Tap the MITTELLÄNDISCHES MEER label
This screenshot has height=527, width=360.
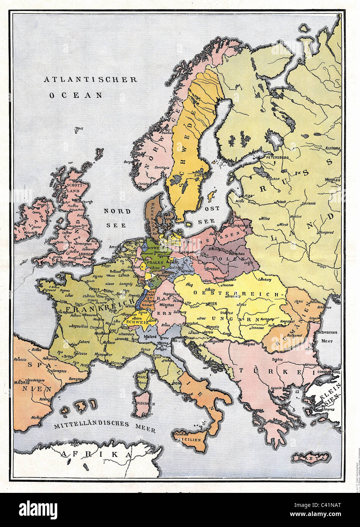[104, 427]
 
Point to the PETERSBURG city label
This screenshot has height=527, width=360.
[278, 157]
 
